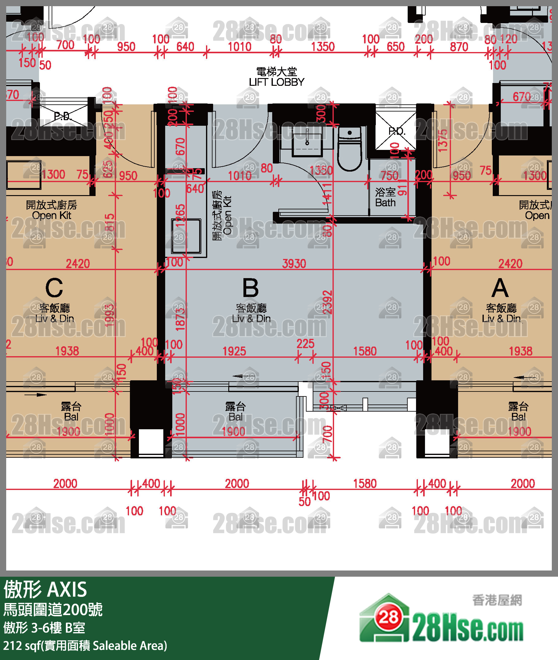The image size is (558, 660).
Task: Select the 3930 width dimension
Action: pos(294,264)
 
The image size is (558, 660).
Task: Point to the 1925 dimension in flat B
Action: pos(234,351)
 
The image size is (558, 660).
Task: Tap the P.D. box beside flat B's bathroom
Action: pos(396,131)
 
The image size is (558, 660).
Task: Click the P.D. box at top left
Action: pos(63,116)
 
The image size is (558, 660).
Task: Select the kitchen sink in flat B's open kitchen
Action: pos(186,236)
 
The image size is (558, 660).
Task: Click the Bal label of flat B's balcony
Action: pos(235,417)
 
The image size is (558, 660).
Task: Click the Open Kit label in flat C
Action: pos(51,215)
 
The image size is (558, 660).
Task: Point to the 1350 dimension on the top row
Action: pos(323,47)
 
